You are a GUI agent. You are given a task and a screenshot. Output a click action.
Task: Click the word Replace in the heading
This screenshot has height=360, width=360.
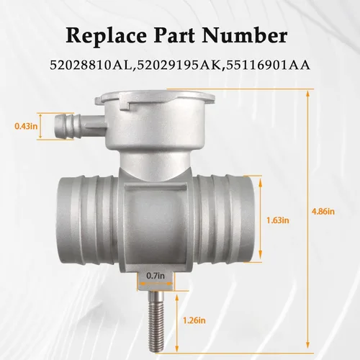pos(106,36)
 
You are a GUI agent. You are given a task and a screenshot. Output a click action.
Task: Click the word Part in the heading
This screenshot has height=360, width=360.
pos(174,36)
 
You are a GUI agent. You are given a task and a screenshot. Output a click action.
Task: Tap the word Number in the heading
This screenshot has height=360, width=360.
pos(245,35)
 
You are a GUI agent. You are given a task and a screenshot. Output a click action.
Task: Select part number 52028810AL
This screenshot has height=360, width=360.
pos(91,66)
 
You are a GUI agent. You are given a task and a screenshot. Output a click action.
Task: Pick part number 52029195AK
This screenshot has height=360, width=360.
pos(179,66)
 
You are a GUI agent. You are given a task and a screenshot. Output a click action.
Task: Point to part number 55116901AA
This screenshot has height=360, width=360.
pos(267,66)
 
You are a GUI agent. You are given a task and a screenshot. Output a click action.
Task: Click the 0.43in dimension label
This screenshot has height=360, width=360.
pos(26,126)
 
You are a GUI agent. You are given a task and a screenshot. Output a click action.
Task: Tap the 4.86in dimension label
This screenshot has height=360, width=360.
pos(323,212)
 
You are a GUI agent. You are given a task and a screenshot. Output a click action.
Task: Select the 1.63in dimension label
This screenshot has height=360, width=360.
pos(278,220)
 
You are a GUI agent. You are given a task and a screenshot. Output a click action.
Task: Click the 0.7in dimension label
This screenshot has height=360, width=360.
pos(156,276)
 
